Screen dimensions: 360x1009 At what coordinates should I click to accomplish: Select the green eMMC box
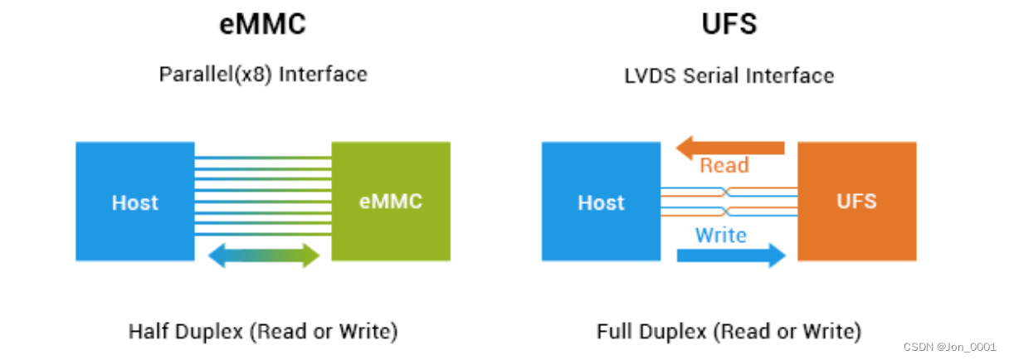point(391,202)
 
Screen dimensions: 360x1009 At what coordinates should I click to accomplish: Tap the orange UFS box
point(856,202)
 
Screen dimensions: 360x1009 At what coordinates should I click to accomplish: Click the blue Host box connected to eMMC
point(135,202)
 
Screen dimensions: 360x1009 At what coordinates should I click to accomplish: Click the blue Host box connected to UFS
point(601,202)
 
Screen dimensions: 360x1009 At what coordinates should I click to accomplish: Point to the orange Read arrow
point(729,148)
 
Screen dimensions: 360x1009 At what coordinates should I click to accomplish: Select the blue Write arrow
point(731,255)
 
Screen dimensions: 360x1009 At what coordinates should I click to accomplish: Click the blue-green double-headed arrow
point(263,255)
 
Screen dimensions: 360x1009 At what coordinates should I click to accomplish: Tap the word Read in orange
point(724,166)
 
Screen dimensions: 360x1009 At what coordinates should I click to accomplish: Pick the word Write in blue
point(720,236)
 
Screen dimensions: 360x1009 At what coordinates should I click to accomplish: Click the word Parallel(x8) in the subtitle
point(216,75)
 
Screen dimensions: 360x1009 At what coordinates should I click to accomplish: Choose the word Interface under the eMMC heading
point(323,75)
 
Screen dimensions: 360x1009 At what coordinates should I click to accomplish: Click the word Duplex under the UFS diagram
point(670,332)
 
